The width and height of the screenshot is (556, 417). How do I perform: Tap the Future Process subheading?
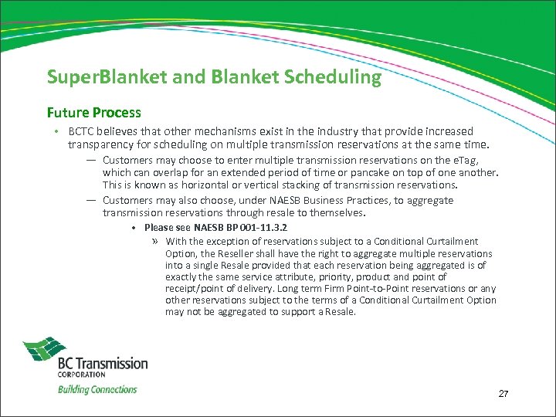click(94, 113)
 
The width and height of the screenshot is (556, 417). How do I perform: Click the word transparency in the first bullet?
click(100, 144)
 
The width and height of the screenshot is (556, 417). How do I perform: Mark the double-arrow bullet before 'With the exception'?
click(156, 242)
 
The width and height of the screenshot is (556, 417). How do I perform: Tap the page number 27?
click(503, 394)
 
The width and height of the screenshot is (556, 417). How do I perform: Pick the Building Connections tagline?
click(97, 389)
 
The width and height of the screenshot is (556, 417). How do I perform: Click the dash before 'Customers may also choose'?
click(91, 200)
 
